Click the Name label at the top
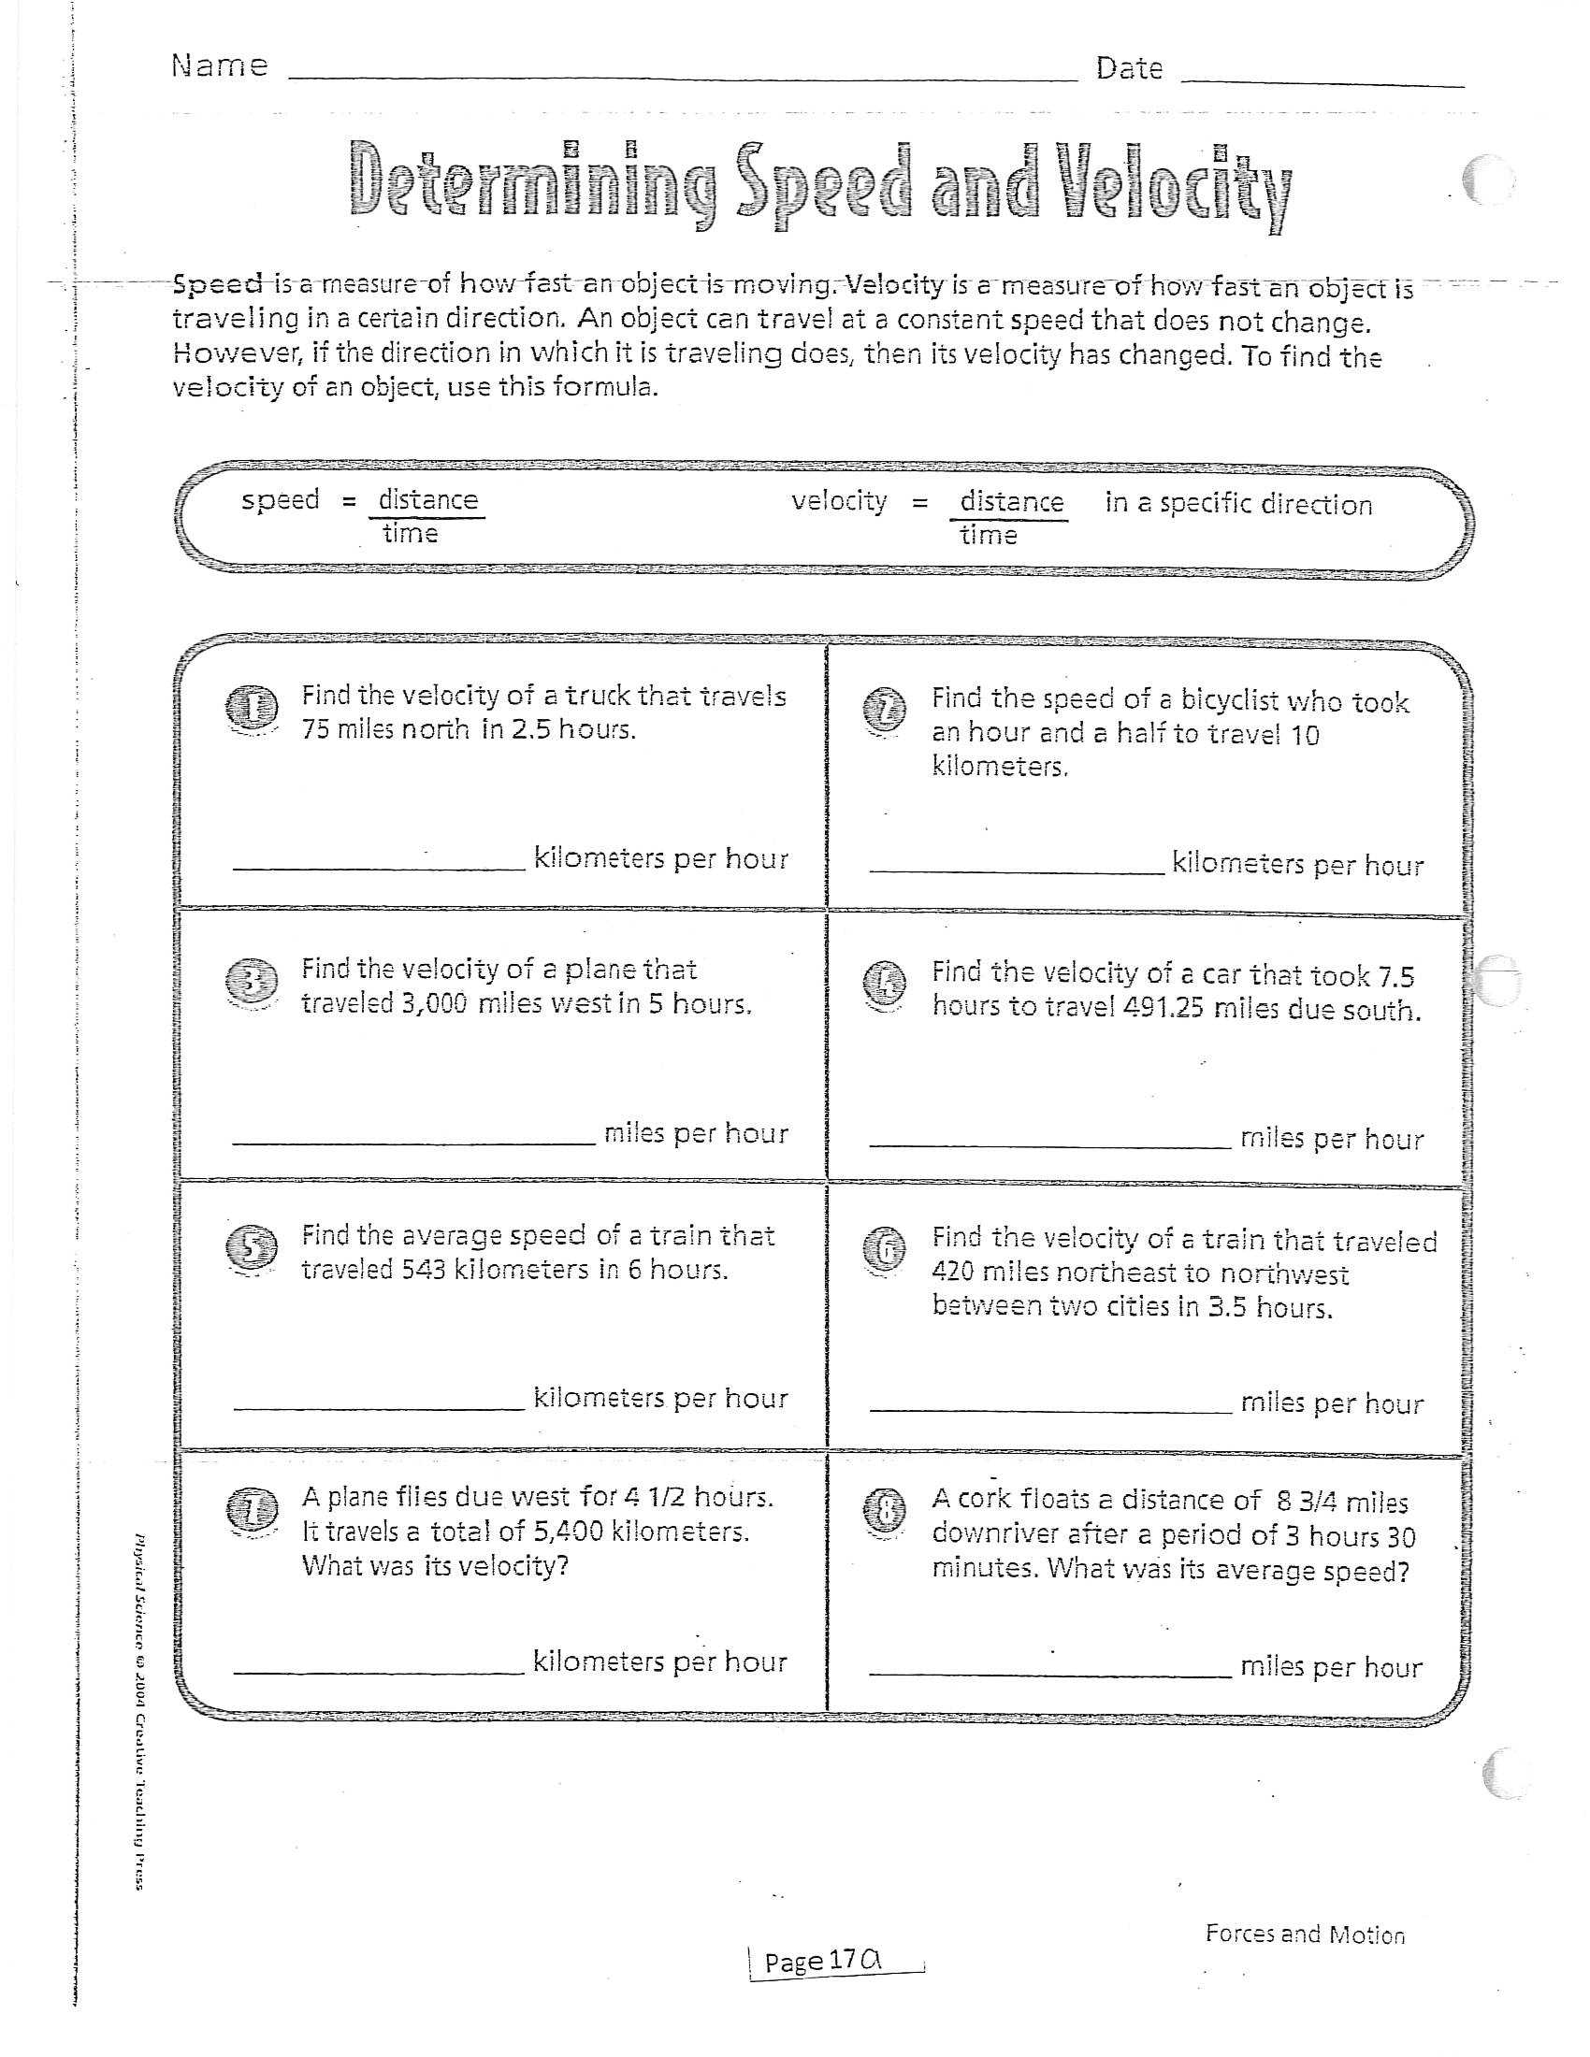pyautogui.click(x=220, y=66)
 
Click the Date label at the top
pyautogui.click(x=1129, y=69)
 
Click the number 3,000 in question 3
pyautogui.click(x=434, y=1003)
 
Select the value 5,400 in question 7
pyautogui.click(x=568, y=1532)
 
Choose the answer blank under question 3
pyautogui.click(x=413, y=1142)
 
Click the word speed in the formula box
pyautogui.click(x=280, y=499)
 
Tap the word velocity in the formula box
pyautogui.click(x=838, y=501)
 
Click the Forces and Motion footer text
pyautogui.click(x=1305, y=1935)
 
